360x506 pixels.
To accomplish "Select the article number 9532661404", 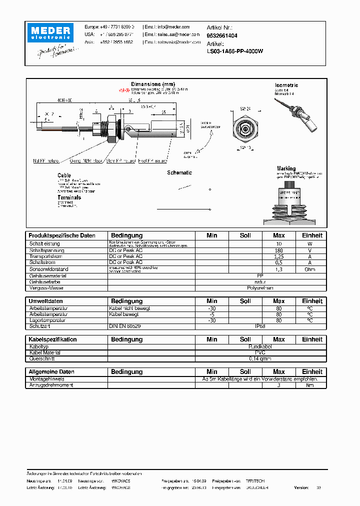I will (x=222, y=36).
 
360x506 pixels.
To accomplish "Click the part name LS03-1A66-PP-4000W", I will (x=235, y=51).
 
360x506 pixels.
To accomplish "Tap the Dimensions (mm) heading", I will (x=153, y=84).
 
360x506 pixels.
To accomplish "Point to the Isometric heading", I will (x=286, y=85).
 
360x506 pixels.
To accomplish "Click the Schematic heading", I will (x=179, y=172).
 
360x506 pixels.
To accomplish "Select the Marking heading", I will (x=286, y=168).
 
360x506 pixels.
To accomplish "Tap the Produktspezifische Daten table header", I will (x=62, y=235).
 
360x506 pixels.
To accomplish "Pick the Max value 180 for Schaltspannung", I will (x=278, y=250).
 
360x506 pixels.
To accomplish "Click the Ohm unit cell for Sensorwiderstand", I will (x=310, y=269).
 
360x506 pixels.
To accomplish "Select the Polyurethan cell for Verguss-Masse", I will (x=260, y=288).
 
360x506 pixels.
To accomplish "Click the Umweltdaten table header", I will (x=46, y=301).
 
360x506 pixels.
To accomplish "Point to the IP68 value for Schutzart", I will (x=260, y=326).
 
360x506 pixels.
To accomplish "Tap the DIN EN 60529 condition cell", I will (x=125, y=326).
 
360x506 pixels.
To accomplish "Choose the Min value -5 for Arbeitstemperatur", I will (x=212, y=314).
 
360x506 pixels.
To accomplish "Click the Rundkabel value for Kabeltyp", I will (x=260, y=346).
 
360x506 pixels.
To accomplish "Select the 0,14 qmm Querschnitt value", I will (x=260, y=358).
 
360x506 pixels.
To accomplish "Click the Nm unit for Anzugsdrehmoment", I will (x=310, y=385).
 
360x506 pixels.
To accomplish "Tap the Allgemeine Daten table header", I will (x=51, y=372).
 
